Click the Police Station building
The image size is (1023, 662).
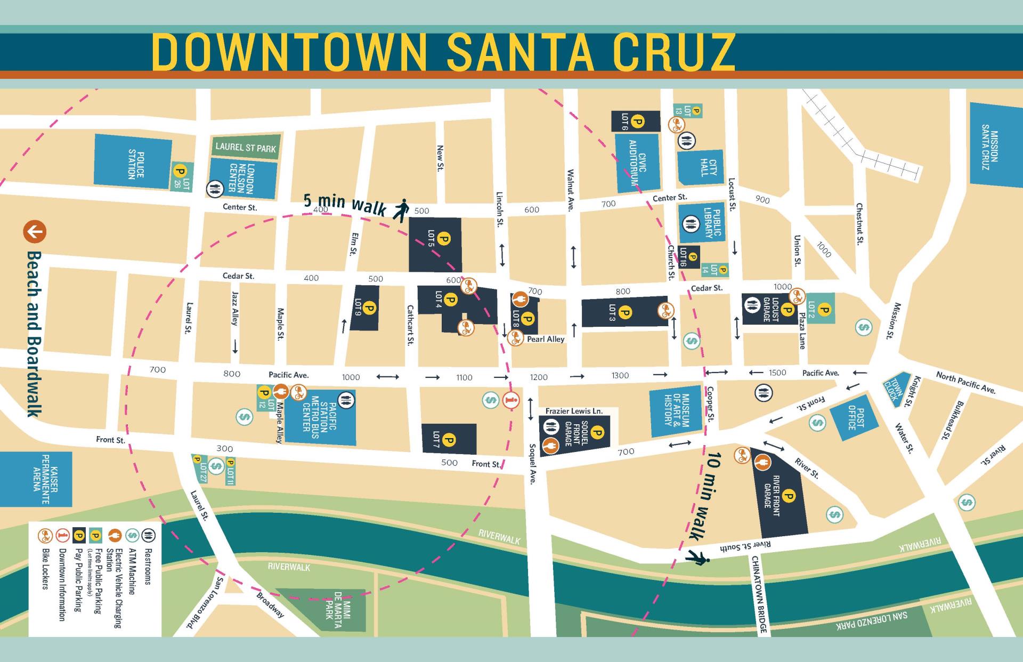(133, 164)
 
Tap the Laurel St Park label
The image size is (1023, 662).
(246, 147)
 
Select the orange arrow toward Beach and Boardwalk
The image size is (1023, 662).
(35, 232)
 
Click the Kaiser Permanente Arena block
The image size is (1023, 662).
(36, 479)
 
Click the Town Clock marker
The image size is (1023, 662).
(896, 390)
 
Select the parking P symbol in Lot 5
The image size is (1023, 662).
(443, 238)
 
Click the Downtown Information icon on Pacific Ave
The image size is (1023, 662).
(511, 400)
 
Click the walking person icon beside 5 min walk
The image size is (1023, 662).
(401, 210)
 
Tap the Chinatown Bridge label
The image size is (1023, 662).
(760, 595)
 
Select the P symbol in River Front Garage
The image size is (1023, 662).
(789, 497)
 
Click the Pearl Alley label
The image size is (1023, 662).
(545, 339)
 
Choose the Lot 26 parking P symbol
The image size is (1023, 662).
(180, 172)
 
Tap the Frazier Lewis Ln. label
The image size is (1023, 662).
(574, 411)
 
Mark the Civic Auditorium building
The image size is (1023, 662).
(637, 163)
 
